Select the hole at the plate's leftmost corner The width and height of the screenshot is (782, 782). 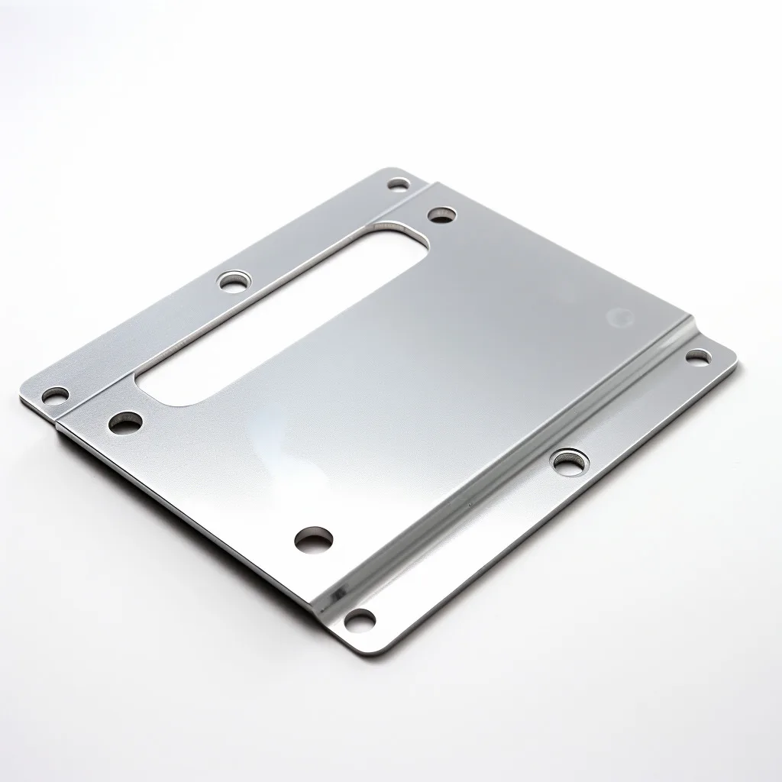(54, 396)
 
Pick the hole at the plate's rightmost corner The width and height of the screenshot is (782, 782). (696, 357)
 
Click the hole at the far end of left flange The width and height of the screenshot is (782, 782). (398, 184)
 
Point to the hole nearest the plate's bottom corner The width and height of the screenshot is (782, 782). (360, 619)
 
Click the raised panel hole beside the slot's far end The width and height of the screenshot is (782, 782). (441, 215)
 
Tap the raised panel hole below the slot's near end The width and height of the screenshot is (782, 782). (126, 422)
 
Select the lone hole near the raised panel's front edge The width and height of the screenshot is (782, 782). (313, 539)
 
